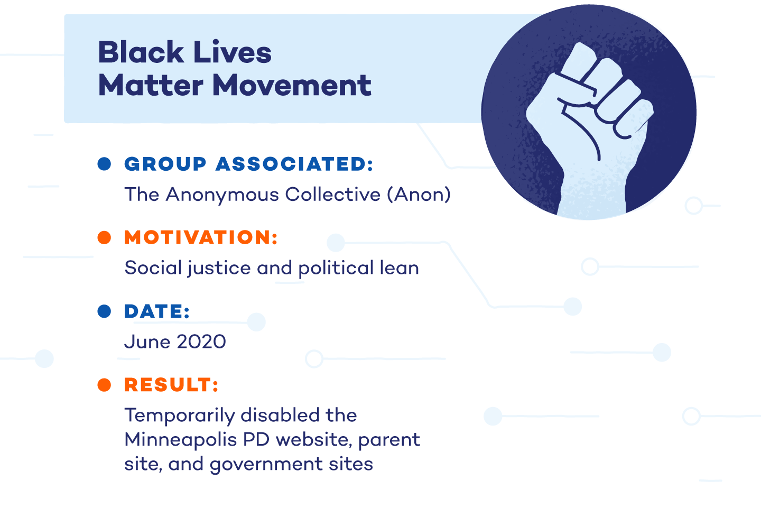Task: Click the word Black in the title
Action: coord(141,52)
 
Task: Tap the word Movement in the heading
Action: coord(292,85)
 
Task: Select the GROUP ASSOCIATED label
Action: coord(248,164)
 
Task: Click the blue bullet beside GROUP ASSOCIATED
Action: coord(105,164)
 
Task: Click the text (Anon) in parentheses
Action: coord(419,195)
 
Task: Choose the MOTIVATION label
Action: coord(201,237)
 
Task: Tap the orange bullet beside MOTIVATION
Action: coord(105,237)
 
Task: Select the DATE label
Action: coord(157,311)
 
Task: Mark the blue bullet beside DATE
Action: coord(105,311)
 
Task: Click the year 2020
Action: coord(201,342)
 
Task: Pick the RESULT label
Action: coord(171,385)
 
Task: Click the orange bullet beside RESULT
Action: coord(105,385)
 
